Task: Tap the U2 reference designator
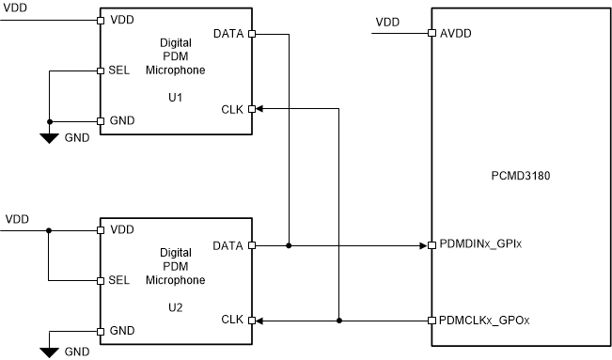tap(174, 306)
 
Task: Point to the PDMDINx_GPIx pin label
tap(480, 246)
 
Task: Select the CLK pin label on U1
tap(230, 109)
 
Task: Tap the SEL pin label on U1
tap(119, 70)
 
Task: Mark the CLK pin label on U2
tap(230, 321)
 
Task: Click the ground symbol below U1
tap(50, 137)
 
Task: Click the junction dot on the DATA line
tap(289, 246)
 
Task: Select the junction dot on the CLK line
tap(338, 321)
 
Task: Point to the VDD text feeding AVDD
tap(386, 22)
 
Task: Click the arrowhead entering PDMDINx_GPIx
tap(422, 246)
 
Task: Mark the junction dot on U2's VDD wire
tap(50, 229)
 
